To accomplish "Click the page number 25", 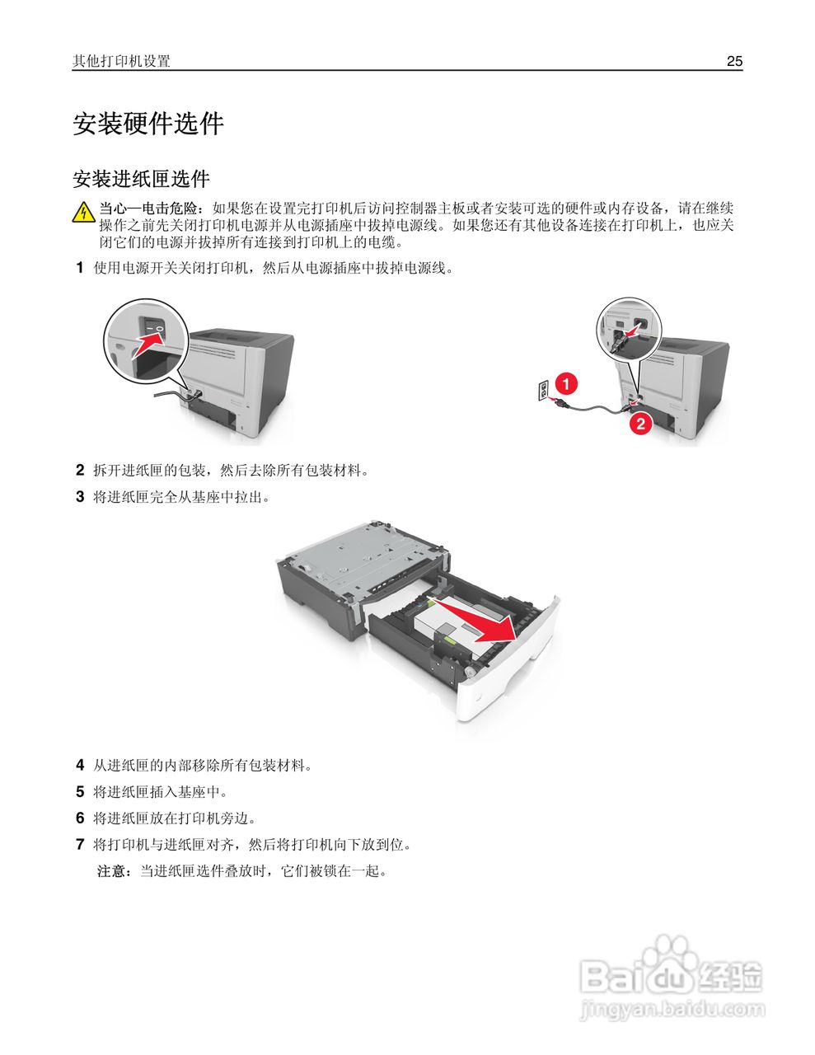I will click(x=734, y=61).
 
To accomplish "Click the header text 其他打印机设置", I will click(x=121, y=61).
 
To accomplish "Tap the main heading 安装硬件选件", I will click(x=148, y=124).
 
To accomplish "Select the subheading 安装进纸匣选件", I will click(x=141, y=179).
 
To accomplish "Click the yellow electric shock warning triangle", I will click(x=83, y=213).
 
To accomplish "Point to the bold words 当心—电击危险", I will click(x=149, y=208).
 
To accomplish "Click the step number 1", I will click(x=80, y=267).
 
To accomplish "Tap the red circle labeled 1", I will click(x=565, y=383).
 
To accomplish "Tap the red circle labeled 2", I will click(x=640, y=424).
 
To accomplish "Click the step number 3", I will click(x=80, y=496).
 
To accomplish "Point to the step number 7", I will click(x=80, y=844).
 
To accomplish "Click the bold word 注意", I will click(x=112, y=870).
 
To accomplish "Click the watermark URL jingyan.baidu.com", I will click(x=672, y=1009).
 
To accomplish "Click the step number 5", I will click(x=80, y=791).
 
